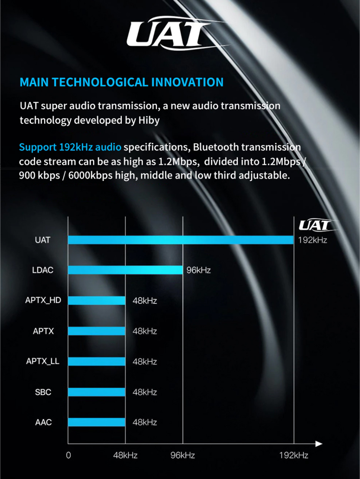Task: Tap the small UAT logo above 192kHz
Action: click(x=317, y=225)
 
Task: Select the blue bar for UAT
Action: click(x=181, y=240)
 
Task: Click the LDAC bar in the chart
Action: click(x=125, y=270)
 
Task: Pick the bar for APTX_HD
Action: click(x=97, y=300)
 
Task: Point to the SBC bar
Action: click(x=97, y=392)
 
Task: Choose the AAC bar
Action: click(x=97, y=422)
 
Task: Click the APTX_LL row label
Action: click(x=43, y=361)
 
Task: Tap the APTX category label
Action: click(x=43, y=331)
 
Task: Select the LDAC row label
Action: click(x=43, y=270)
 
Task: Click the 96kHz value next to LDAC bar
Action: click(x=199, y=270)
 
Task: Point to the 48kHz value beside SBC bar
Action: click(x=145, y=392)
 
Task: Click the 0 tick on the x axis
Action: click(x=68, y=456)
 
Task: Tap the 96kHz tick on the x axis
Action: click(x=182, y=456)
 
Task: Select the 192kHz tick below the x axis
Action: click(x=294, y=456)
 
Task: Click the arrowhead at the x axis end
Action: click(x=319, y=444)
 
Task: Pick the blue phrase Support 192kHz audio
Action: click(x=70, y=147)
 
